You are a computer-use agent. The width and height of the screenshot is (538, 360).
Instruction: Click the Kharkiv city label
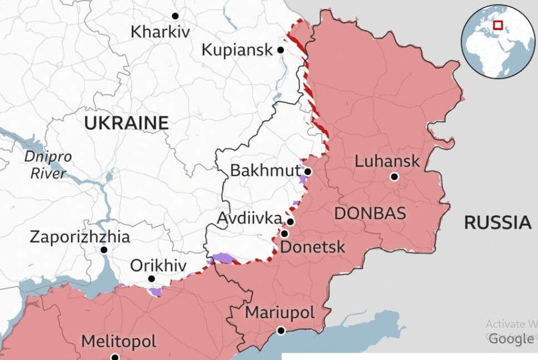(x=160, y=32)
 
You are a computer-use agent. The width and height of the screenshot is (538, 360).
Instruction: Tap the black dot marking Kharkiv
(x=175, y=16)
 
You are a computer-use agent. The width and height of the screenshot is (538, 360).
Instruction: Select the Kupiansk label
(x=237, y=50)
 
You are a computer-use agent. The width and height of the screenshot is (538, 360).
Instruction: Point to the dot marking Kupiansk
(x=280, y=50)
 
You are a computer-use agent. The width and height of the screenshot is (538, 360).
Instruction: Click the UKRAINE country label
(x=126, y=123)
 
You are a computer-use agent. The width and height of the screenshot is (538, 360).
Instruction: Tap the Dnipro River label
(x=48, y=165)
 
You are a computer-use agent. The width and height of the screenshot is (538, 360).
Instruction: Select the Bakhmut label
(x=265, y=170)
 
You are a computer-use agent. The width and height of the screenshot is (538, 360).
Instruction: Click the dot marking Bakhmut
(x=308, y=171)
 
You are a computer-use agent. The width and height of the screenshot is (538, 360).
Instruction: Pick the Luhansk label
(x=387, y=161)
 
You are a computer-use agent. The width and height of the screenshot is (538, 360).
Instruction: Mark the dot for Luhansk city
(x=394, y=177)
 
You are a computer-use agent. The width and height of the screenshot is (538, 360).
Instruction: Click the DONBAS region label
(x=369, y=214)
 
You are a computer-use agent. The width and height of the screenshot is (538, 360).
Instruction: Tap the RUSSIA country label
(x=497, y=223)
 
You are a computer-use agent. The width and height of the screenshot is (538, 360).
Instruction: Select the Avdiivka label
(x=249, y=218)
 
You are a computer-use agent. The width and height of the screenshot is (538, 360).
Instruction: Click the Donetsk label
(x=312, y=246)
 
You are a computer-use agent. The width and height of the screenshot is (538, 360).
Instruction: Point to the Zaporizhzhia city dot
(x=104, y=250)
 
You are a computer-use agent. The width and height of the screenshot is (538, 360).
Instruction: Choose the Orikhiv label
(x=158, y=266)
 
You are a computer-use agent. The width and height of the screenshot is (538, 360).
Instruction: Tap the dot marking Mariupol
(x=281, y=331)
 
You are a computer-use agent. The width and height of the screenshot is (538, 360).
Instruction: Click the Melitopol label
(x=119, y=341)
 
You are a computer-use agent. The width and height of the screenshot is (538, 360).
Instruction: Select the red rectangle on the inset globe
(x=497, y=25)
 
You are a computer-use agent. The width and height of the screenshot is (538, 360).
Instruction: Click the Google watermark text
(x=510, y=339)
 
